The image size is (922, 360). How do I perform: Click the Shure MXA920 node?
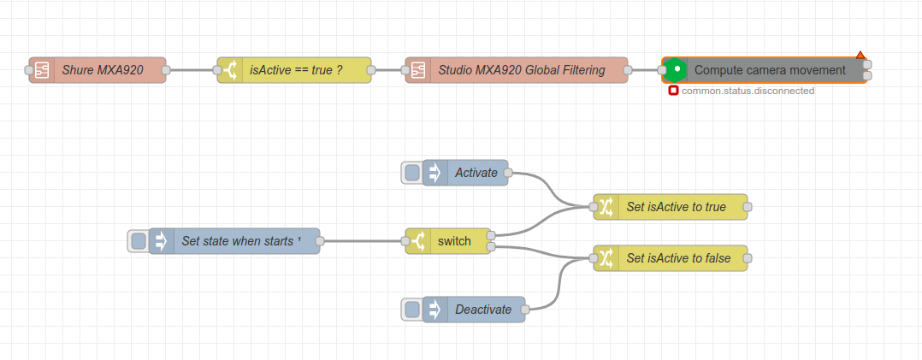pos(101,70)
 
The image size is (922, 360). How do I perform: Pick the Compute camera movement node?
pos(770,70)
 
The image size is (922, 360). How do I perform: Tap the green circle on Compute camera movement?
pos(676,69)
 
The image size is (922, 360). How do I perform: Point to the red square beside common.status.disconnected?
pos(674,91)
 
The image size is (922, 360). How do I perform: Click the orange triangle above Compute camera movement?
pos(860,56)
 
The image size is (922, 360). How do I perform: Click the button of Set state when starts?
pos(138,241)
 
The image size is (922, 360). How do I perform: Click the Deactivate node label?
pos(482,310)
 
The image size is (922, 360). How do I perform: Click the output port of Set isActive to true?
pos(748,207)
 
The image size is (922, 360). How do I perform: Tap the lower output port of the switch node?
pos(491,248)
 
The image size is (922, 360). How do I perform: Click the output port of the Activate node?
pos(508,173)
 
